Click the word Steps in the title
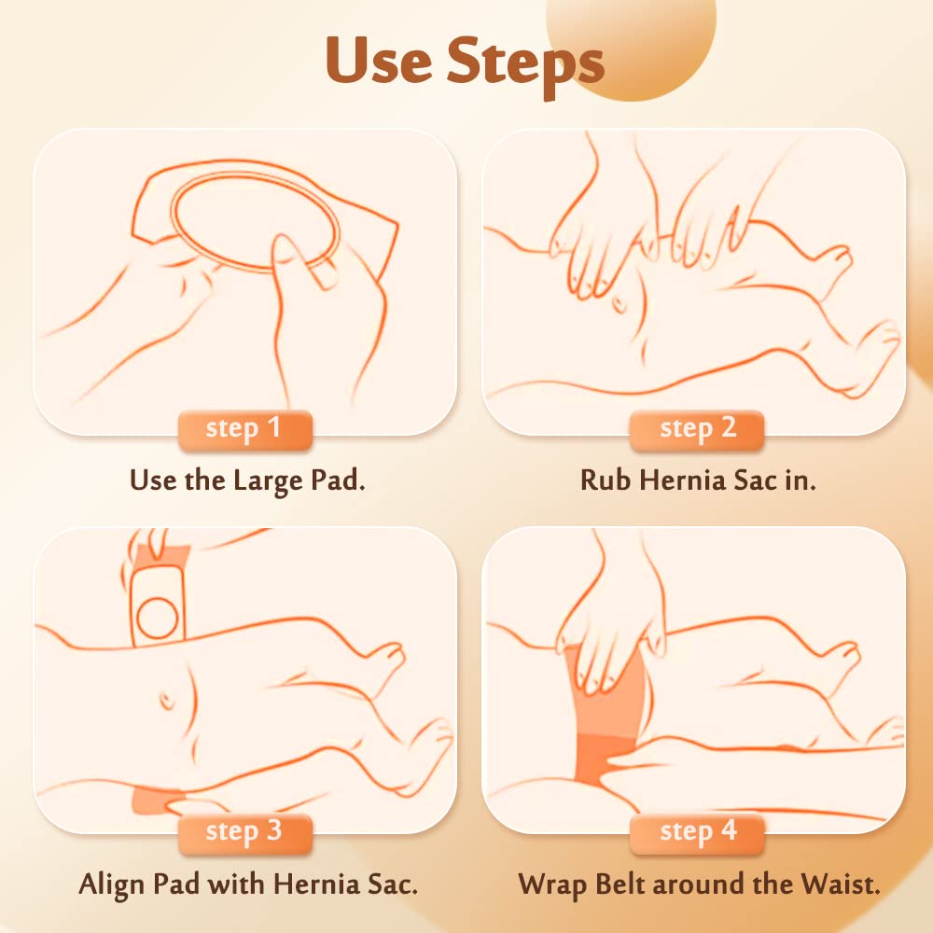(x=525, y=65)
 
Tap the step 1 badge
(x=244, y=429)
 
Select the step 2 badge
(x=697, y=429)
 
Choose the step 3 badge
(x=244, y=832)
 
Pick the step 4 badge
(x=697, y=832)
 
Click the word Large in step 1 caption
(x=268, y=481)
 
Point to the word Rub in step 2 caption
(x=605, y=480)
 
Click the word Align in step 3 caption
(x=113, y=884)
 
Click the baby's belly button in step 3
(x=167, y=700)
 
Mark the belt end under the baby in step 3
(x=157, y=801)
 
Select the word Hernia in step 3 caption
(x=316, y=884)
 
